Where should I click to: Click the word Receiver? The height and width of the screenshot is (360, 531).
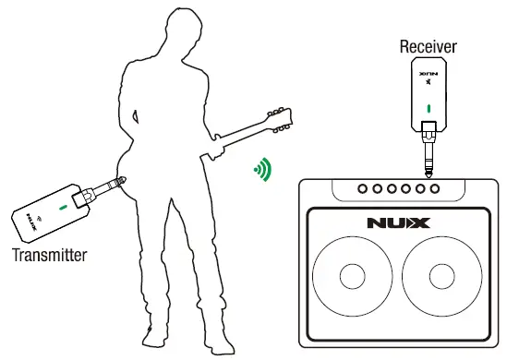click(428, 45)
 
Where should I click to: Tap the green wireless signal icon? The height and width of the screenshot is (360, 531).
click(263, 169)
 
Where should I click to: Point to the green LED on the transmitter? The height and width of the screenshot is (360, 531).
click(62, 208)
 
